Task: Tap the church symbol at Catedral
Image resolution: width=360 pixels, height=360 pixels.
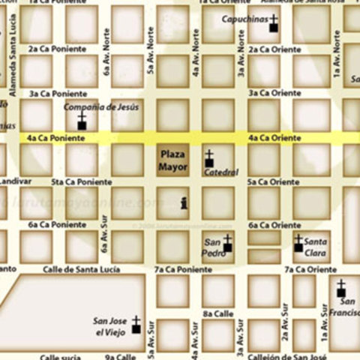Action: tap(209, 159)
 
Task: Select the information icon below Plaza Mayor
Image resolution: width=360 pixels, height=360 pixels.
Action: tap(184, 201)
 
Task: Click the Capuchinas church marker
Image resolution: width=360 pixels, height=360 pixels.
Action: tap(274, 24)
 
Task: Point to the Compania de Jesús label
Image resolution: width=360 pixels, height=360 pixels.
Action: tap(100, 107)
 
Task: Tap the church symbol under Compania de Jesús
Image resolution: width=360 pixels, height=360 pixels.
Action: tap(82, 122)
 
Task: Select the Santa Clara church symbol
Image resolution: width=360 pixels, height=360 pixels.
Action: tap(298, 243)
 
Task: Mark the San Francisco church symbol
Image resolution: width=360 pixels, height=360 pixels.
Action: tap(341, 289)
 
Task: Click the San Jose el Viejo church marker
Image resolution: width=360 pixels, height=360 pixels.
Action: tap(136, 325)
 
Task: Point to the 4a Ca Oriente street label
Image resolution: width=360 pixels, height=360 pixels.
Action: tap(274, 138)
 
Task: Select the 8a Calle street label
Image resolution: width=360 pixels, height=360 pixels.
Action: tap(217, 313)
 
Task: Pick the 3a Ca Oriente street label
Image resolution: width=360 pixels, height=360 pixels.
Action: tap(274, 94)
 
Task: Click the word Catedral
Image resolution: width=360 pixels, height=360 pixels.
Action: tap(221, 172)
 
